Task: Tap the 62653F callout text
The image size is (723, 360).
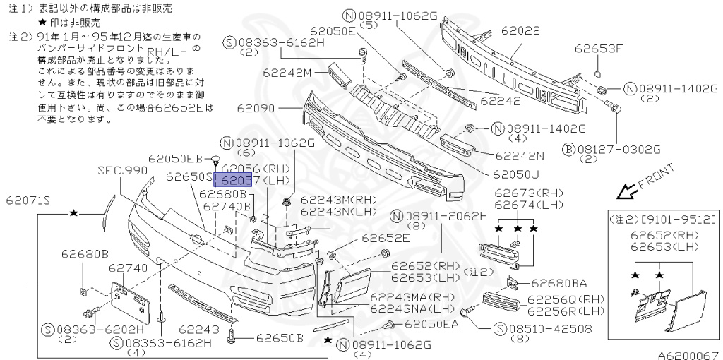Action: pyautogui.click(x=599, y=49)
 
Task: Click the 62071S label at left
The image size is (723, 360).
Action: pyautogui.click(x=28, y=200)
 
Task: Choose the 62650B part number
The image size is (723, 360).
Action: pyautogui.click(x=279, y=338)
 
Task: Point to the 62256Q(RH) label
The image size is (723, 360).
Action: pyautogui.click(x=566, y=299)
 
